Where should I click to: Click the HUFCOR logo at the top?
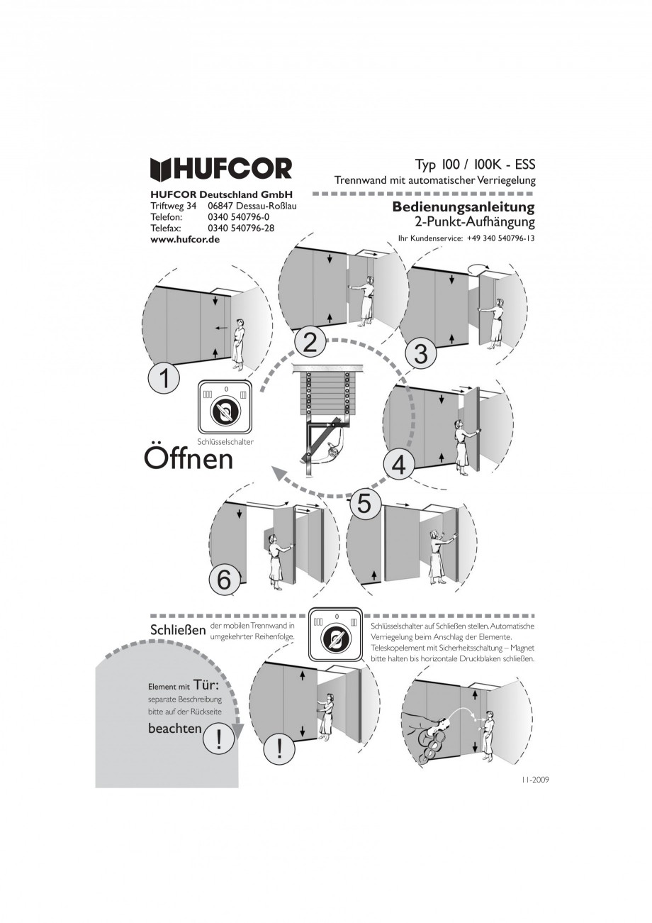pos(220,170)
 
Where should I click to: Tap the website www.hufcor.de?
pos(185,239)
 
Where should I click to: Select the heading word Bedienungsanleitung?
pos(463,207)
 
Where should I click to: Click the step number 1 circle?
pos(164,379)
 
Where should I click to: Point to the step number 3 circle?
pos(421,354)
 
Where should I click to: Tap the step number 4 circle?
pos(399,465)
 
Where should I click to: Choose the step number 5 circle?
pos(364,503)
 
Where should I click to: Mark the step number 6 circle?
pos(224,580)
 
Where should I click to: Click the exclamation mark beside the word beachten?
pos(218,742)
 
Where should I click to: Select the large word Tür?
pos(206,685)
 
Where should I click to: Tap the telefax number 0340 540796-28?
pos(241,228)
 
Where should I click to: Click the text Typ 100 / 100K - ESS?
pos(475,165)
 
